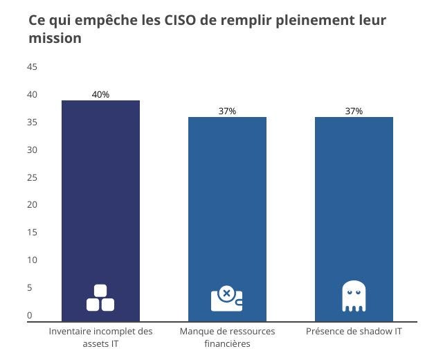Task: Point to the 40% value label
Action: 100,95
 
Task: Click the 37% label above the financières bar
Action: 227,111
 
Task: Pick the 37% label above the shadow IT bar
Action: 354,111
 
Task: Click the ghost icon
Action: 353,296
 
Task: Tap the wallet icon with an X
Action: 226,298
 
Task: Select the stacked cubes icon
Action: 100,298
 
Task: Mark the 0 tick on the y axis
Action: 30,315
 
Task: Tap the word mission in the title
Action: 55,39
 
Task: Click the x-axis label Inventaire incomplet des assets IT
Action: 100,337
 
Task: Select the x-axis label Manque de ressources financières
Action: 227,337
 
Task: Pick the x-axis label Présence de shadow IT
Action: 354,332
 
